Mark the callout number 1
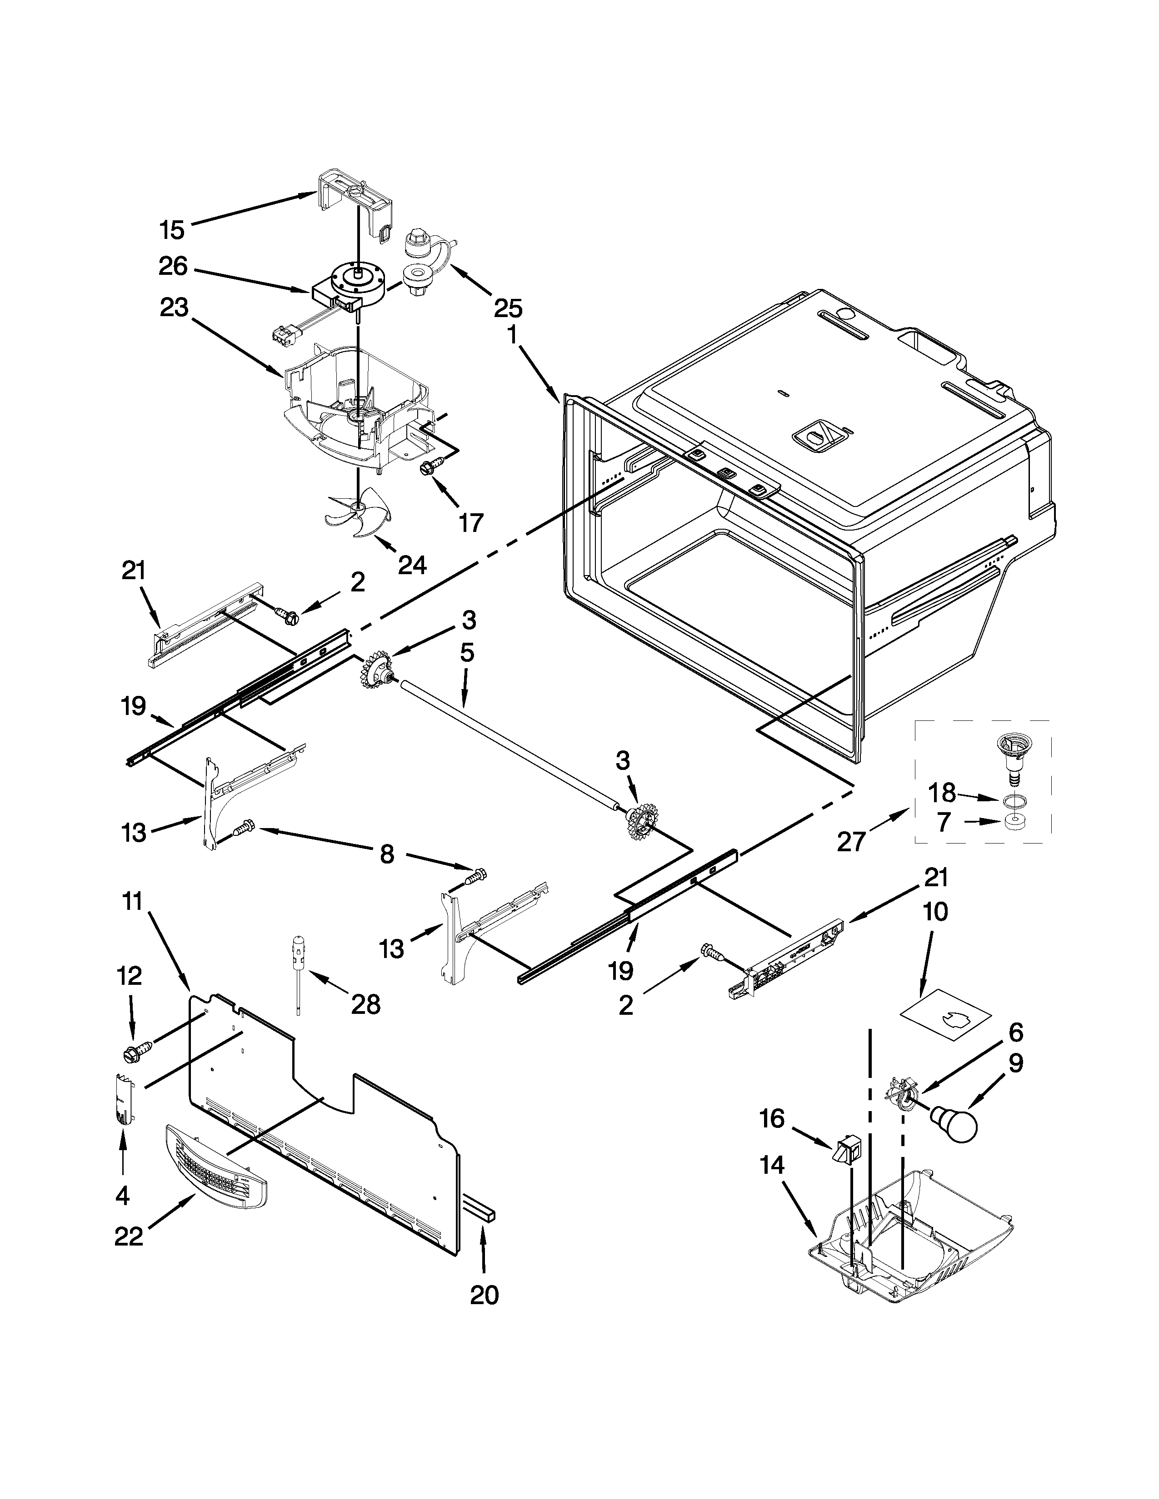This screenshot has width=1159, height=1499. (511, 336)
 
